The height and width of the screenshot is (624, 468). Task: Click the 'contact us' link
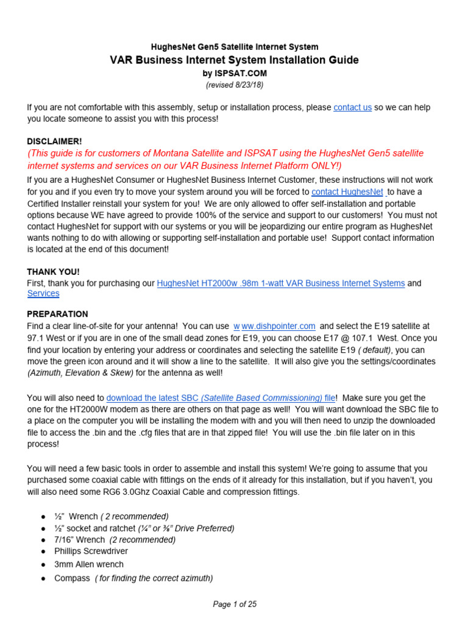click(x=352, y=107)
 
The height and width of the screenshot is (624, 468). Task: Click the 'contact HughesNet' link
click(x=347, y=191)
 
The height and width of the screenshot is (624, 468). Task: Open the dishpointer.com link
click(x=274, y=326)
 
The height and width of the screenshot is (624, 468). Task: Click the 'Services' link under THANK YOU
click(x=43, y=293)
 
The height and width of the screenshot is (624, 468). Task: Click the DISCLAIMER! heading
click(x=54, y=141)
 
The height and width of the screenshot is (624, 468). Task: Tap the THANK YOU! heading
click(x=53, y=272)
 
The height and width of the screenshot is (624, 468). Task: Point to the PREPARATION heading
click(x=57, y=314)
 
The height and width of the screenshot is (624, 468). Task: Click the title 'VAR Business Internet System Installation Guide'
click(x=234, y=60)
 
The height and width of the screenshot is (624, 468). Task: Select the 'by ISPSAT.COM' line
click(x=234, y=73)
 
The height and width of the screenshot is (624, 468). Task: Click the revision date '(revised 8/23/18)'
click(x=234, y=85)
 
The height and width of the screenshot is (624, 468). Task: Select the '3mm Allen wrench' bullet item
click(x=88, y=564)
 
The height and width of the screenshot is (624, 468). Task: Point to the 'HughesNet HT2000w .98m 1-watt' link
click(x=280, y=283)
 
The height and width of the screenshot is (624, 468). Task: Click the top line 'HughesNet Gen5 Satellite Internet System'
click(x=234, y=46)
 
